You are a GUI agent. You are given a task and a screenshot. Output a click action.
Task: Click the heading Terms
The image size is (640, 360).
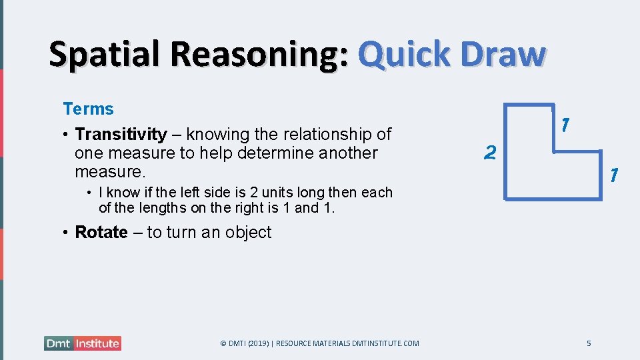click(x=88, y=109)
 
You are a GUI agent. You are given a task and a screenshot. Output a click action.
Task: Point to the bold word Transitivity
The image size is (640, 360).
click(x=121, y=134)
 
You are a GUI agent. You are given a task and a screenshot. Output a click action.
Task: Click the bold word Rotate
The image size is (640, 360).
click(x=101, y=232)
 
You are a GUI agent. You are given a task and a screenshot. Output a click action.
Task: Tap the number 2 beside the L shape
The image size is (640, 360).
click(x=490, y=153)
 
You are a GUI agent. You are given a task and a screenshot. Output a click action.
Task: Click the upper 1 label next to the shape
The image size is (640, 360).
click(x=565, y=124)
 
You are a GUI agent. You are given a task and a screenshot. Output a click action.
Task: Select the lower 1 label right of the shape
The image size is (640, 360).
click(x=614, y=175)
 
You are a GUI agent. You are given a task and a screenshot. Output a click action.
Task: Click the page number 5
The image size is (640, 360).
click(x=589, y=343)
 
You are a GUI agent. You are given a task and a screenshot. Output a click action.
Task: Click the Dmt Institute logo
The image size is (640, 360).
click(x=83, y=343)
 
